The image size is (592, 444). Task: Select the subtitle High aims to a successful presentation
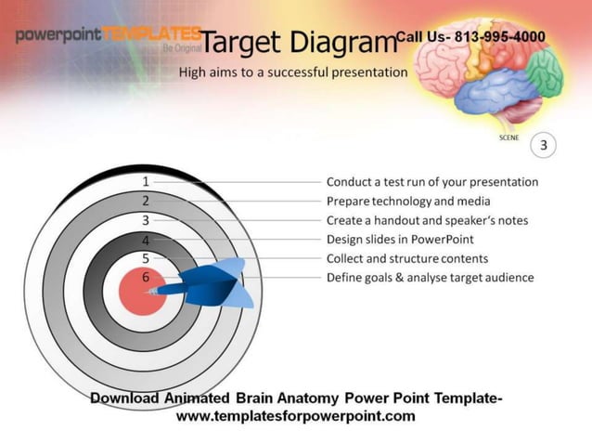(293, 72)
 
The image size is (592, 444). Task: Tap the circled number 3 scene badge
(544, 145)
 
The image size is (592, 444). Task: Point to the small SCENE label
(509, 137)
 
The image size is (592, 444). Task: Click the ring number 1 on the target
(146, 182)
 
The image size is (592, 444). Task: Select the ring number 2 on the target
(146, 201)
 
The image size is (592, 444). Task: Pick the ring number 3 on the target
(146, 220)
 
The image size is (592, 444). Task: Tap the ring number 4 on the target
(146, 240)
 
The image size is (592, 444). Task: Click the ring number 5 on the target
(146, 258)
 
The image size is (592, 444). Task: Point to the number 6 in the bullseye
(146, 277)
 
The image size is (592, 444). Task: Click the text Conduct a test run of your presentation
(431, 182)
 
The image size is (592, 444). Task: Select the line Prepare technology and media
(408, 201)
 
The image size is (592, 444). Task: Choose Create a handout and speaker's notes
(427, 220)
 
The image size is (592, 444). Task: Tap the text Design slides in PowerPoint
(400, 240)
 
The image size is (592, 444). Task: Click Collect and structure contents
(406, 258)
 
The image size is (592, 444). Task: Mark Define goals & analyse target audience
(430, 277)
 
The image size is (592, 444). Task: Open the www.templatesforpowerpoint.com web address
(296, 416)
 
